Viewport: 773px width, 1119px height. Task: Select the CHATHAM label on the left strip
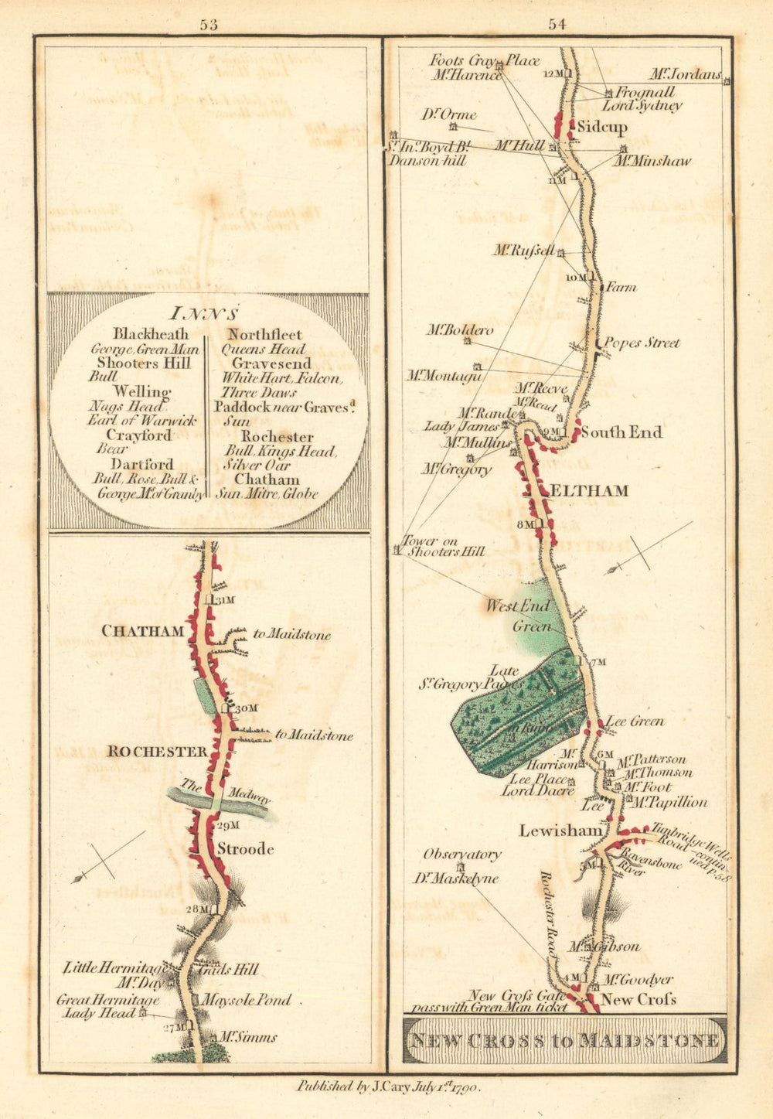[x=143, y=631]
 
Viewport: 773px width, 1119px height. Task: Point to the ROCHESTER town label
[x=157, y=752]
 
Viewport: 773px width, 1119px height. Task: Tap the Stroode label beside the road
[x=245, y=849]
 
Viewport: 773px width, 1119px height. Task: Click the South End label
[x=621, y=432]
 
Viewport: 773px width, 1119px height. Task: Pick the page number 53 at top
[x=208, y=24]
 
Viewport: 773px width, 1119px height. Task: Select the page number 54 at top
[x=557, y=24]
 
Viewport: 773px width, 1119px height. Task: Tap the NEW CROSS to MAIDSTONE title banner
[x=565, y=1040]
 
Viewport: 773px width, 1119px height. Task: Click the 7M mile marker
[x=598, y=662]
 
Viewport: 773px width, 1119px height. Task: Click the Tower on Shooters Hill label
[x=443, y=546]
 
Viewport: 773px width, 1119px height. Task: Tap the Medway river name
[x=247, y=797]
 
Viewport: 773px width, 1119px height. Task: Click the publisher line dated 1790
[x=389, y=1087]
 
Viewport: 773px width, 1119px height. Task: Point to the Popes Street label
[x=642, y=343]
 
